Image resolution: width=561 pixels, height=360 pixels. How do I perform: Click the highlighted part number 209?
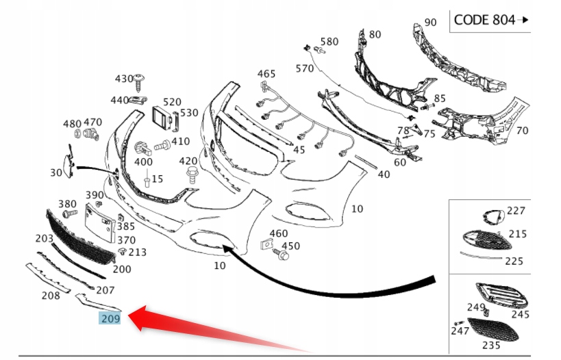point(110,318)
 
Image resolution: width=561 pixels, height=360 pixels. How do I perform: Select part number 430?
point(125,79)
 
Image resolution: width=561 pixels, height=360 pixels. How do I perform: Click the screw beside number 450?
point(281,255)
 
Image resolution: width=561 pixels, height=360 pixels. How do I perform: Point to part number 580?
point(329,42)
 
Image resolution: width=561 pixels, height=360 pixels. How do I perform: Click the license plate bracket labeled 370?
point(98,220)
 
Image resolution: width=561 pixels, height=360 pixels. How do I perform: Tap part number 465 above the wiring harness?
point(266,73)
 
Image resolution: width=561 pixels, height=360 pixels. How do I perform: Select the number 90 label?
point(430,23)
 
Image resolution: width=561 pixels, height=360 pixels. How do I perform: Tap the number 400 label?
point(143,162)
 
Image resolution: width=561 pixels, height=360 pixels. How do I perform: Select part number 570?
point(305,68)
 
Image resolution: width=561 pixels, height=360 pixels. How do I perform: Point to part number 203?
point(45,238)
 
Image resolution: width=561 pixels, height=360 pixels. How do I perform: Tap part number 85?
point(439,99)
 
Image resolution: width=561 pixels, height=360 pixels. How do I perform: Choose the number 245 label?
point(521,315)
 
